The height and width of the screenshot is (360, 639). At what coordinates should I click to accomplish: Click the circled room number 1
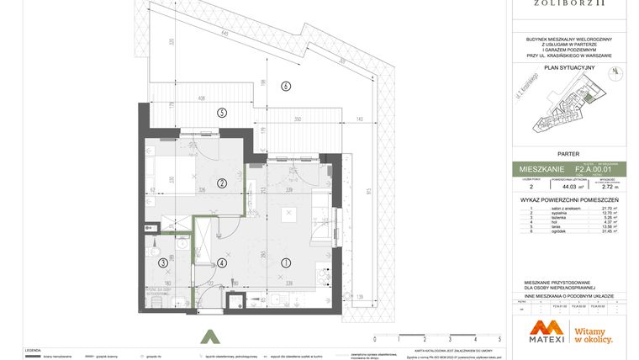pos(285,262)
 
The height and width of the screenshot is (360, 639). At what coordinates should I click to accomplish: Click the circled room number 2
pos(222,183)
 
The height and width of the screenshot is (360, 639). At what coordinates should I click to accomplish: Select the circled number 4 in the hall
pos(221,263)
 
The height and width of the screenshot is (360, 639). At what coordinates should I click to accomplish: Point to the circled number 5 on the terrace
pos(222,113)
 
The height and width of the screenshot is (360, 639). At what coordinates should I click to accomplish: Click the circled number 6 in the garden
pos(285,86)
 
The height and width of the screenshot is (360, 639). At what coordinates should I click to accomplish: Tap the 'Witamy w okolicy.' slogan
pos(593,335)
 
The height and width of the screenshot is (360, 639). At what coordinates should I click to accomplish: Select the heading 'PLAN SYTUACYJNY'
pos(569,67)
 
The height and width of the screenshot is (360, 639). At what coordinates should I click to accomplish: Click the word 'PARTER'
pos(569,154)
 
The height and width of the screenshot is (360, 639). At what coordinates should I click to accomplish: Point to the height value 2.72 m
pos(610,188)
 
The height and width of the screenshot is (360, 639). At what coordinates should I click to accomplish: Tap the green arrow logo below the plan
pos(209,336)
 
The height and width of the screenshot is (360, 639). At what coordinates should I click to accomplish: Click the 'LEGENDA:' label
pos(33,349)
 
